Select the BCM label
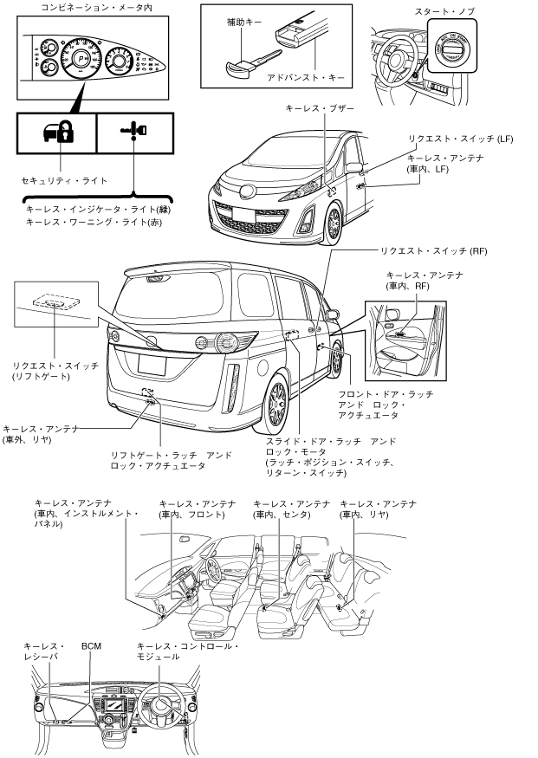tap(92, 646)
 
